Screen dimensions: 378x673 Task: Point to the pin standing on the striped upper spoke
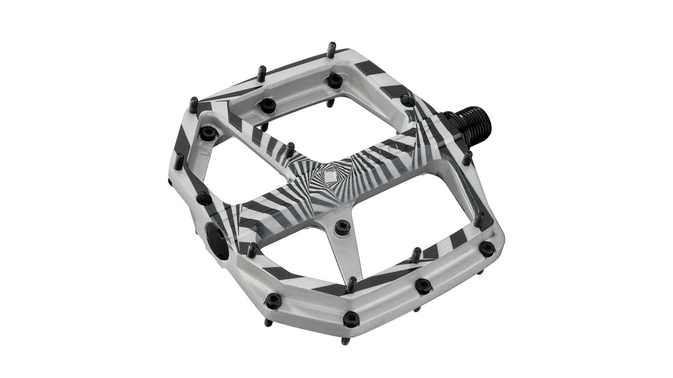pos(290,150)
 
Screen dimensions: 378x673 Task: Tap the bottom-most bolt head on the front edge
pos(351,318)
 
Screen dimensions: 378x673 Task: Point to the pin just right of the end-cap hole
pos(252,250)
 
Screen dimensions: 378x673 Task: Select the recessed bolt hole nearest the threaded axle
pos(407,100)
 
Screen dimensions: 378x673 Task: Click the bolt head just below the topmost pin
pos(335,80)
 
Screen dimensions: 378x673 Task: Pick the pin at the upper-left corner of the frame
pos(193,104)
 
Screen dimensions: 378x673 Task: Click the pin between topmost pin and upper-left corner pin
pos(262,73)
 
